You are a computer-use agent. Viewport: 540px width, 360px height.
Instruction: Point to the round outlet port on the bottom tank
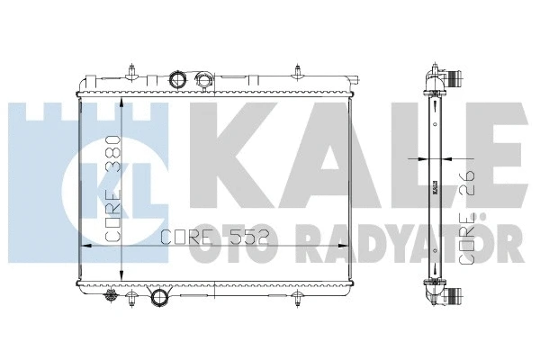click(x=161, y=297)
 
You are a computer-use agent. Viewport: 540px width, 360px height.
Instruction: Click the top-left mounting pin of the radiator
click(x=132, y=70)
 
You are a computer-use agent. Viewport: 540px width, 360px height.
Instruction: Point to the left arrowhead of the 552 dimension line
click(x=86, y=245)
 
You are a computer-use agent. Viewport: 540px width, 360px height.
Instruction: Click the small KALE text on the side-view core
click(x=434, y=187)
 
